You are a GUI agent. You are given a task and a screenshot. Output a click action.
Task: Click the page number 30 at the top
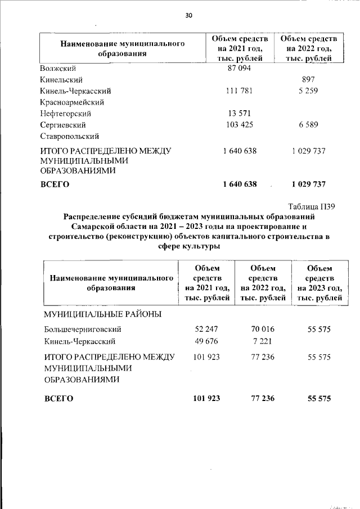point(189,16)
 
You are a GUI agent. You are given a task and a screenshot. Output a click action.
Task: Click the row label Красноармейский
point(72,102)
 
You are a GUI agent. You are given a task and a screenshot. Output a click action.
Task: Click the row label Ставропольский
point(70,136)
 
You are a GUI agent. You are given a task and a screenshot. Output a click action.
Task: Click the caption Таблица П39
point(312,207)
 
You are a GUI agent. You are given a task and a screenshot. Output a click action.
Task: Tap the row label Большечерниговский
point(82,330)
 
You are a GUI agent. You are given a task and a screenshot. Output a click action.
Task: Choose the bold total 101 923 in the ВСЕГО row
point(206,398)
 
